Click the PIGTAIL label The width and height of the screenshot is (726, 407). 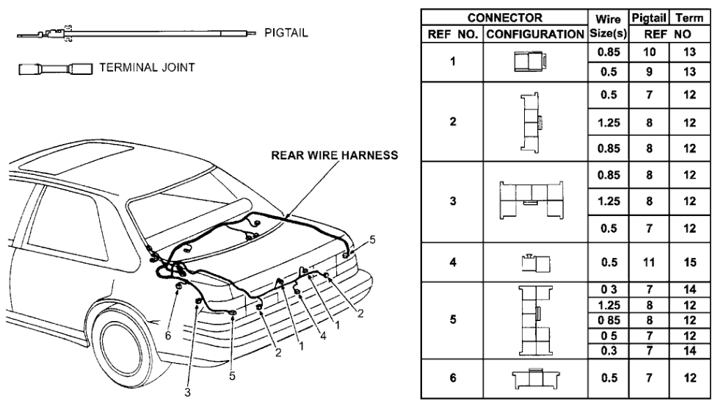pyautogui.click(x=286, y=33)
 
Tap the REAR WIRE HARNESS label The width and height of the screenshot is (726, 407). pyautogui.click(x=334, y=156)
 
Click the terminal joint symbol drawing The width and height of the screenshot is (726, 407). pyautogui.click(x=54, y=70)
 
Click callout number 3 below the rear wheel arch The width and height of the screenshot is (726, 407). pyautogui.click(x=188, y=393)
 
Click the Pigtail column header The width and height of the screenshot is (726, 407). pyautogui.click(x=648, y=16)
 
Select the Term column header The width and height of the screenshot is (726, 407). pyautogui.click(x=689, y=16)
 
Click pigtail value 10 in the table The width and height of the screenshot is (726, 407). pyautogui.click(x=648, y=53)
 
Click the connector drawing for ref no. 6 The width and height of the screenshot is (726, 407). pyautogui.click(x=533, y=380)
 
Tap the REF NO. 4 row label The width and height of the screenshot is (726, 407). pyautogui.click(x=453, y=261)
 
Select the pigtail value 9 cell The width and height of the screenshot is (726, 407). pyautogui.click(x=648, y=72)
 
